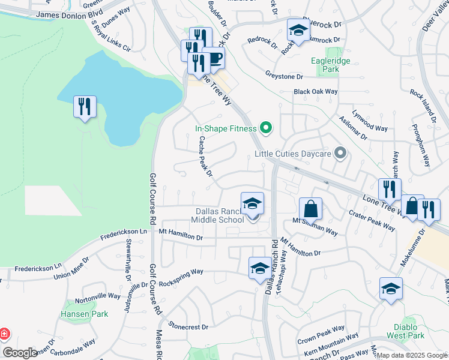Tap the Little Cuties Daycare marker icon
click(341, 154)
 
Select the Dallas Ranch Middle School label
click(217, 215)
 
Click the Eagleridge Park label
click(325, 65)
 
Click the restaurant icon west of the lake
click(85, 107)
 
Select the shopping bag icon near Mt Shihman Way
click(310, 209)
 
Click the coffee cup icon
click(213, 58)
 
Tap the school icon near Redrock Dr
click(297, 30)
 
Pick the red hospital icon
click(4, 332)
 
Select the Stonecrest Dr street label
click(188, 327)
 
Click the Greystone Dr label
click(284, 76)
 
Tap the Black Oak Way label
click(316, 92)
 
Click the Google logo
click(20, 353)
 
